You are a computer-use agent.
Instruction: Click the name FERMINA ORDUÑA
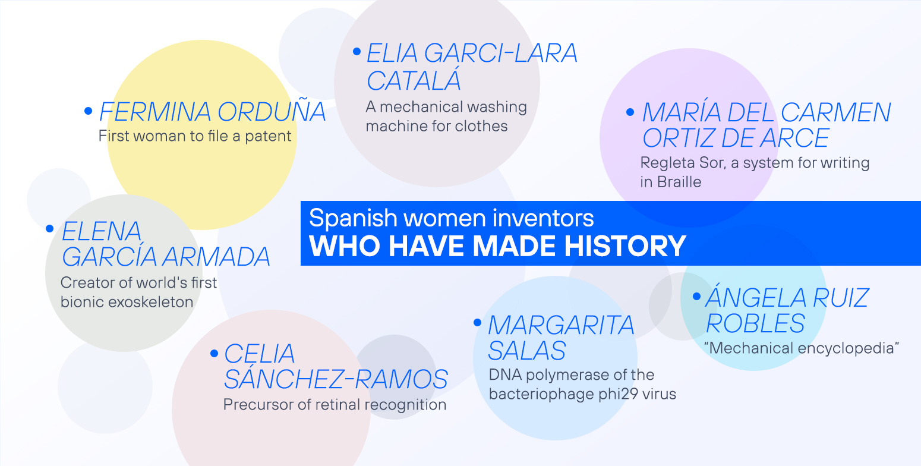pos(212,112)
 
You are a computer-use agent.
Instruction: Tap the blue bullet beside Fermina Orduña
pos(89,111)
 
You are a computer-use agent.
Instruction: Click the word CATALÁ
pos(414,80)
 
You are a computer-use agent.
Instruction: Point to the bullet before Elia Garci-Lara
pos(357,52)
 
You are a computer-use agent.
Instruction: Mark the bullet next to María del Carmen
pos(630,111)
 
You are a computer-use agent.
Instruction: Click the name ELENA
pos(102,231)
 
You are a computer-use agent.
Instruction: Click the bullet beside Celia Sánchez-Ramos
pos(214,353)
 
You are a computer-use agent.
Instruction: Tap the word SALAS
pos(526,350)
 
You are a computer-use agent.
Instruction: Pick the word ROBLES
pos(755,323)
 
